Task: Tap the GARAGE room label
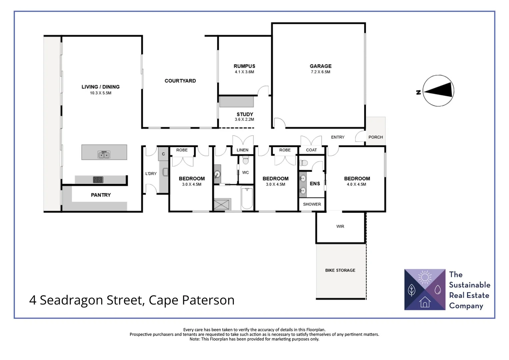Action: coord(320,66)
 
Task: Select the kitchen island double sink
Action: coord(104,155)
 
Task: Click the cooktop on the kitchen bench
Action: coord(98,180)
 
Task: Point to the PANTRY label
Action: coord(101,195)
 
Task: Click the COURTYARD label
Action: coord(180,81)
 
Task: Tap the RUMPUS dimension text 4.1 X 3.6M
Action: coord(244,72)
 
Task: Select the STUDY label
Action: coord(245,114)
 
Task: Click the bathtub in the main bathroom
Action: coord(247,198)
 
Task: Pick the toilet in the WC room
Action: coord(246,161)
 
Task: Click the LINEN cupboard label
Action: coord(242,150)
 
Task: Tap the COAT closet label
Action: coord(311,150)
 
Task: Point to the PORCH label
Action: coord(375,137)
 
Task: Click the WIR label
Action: coord(340,226)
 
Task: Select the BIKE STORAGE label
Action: coord(340,270)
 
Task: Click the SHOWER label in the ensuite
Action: coord(312,204)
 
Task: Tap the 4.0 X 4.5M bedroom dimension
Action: coord(356,184)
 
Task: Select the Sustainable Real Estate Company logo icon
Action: coord(424,289)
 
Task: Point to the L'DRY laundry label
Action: coord(151,174)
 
